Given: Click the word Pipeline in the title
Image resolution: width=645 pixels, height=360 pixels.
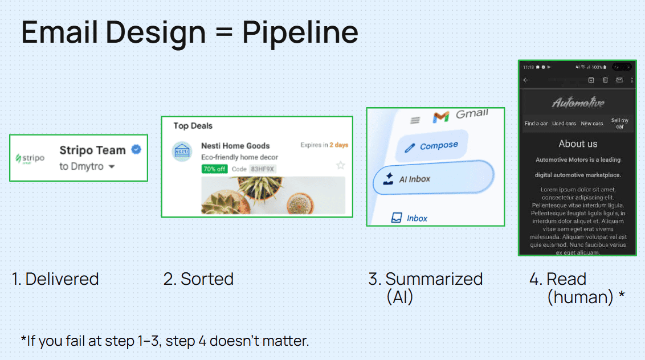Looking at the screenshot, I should pyautogui.click(x=300, y=32).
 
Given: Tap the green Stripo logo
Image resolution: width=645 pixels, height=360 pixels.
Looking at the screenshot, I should pyautogui.click(x=30, y=158).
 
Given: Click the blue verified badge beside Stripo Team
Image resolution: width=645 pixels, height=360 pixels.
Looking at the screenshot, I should pyautogui.click(x=136, y=150).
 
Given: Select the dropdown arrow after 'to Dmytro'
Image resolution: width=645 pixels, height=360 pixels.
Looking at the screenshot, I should pyautogui.click(x=112, y=167).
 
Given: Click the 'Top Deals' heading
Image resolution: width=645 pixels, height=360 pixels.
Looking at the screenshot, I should pyautogui.click(x=193, y=126).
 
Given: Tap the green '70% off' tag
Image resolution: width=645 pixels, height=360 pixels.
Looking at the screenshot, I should pyautogui.click(x=214, y=169).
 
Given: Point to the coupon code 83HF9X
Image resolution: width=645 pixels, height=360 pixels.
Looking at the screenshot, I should pyautogui.click(x=262, y=169).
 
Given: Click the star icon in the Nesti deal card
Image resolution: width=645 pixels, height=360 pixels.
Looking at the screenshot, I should pyautogui.click(x=340, y=165).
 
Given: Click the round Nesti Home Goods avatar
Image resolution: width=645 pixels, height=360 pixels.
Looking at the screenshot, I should pyautogui.click(x=182, y=152).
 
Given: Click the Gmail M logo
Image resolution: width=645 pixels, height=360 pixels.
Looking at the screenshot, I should pyautogui.click(x=440, y=117).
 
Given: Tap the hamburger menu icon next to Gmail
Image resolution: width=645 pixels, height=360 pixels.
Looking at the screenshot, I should pyautogui.click(x=415, y=120).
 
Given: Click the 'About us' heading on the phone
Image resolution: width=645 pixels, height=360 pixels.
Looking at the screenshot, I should pyautogui.click(x=578, y=144).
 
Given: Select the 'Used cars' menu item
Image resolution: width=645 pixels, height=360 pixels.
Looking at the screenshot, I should pyautogui.click(x=564, y=124).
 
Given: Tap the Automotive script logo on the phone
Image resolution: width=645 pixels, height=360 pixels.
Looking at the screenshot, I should pyautogui.click(x=578, y=103).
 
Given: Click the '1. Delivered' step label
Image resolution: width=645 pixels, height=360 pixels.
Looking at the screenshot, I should pyautogui.click(x=55, y=279).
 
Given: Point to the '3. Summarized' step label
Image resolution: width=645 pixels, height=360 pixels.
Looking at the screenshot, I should pyautogui.click(x=425, y=279).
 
